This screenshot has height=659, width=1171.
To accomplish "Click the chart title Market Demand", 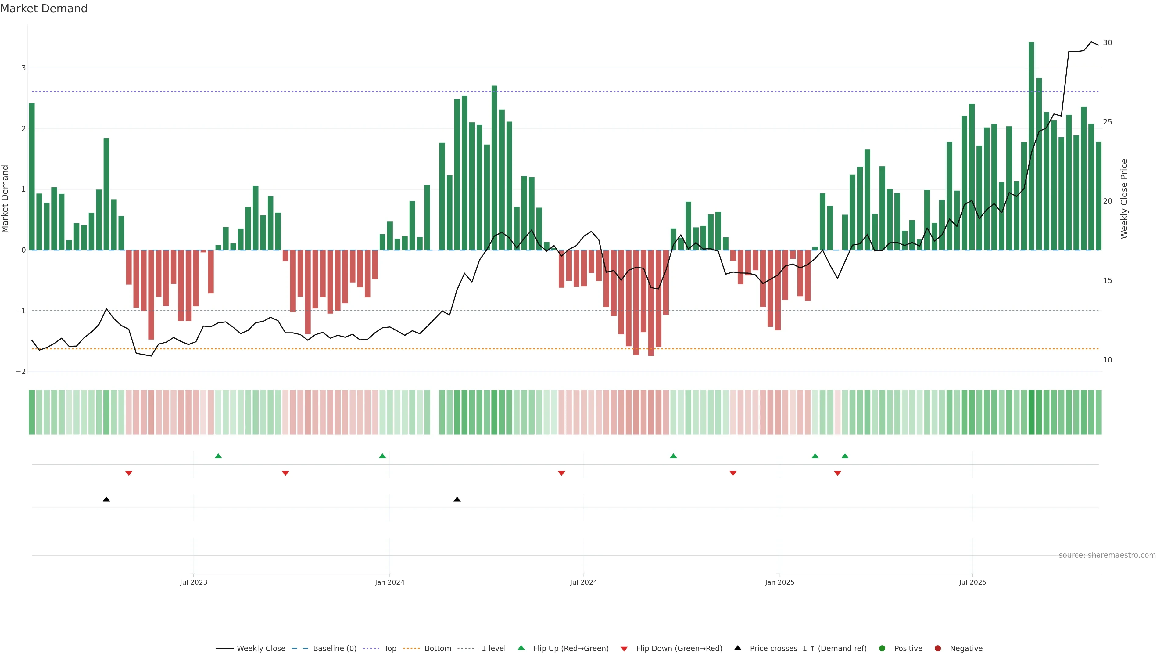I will click(x=44, y=9).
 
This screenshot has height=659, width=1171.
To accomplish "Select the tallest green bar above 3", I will click(x=1031, y=146).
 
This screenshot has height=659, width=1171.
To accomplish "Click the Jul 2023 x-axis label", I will click(x=193, y=582).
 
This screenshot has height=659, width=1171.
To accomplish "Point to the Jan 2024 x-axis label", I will click(x=390, y=582).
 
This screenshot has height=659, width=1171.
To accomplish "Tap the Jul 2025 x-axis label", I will click(x=972, y=582).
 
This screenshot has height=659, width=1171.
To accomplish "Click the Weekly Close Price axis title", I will click(x=1124, y=199).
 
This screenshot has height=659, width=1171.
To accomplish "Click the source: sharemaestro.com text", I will click(x=1107, y=555).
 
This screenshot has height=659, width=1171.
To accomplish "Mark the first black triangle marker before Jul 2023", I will click(x=106, y=499).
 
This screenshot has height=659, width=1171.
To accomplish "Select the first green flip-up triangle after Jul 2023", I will click(x=218, y=456).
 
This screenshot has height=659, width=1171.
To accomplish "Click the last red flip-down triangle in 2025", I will click(x=837, y=474).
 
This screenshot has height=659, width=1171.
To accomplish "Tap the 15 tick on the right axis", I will click(x=1107, y=281).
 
